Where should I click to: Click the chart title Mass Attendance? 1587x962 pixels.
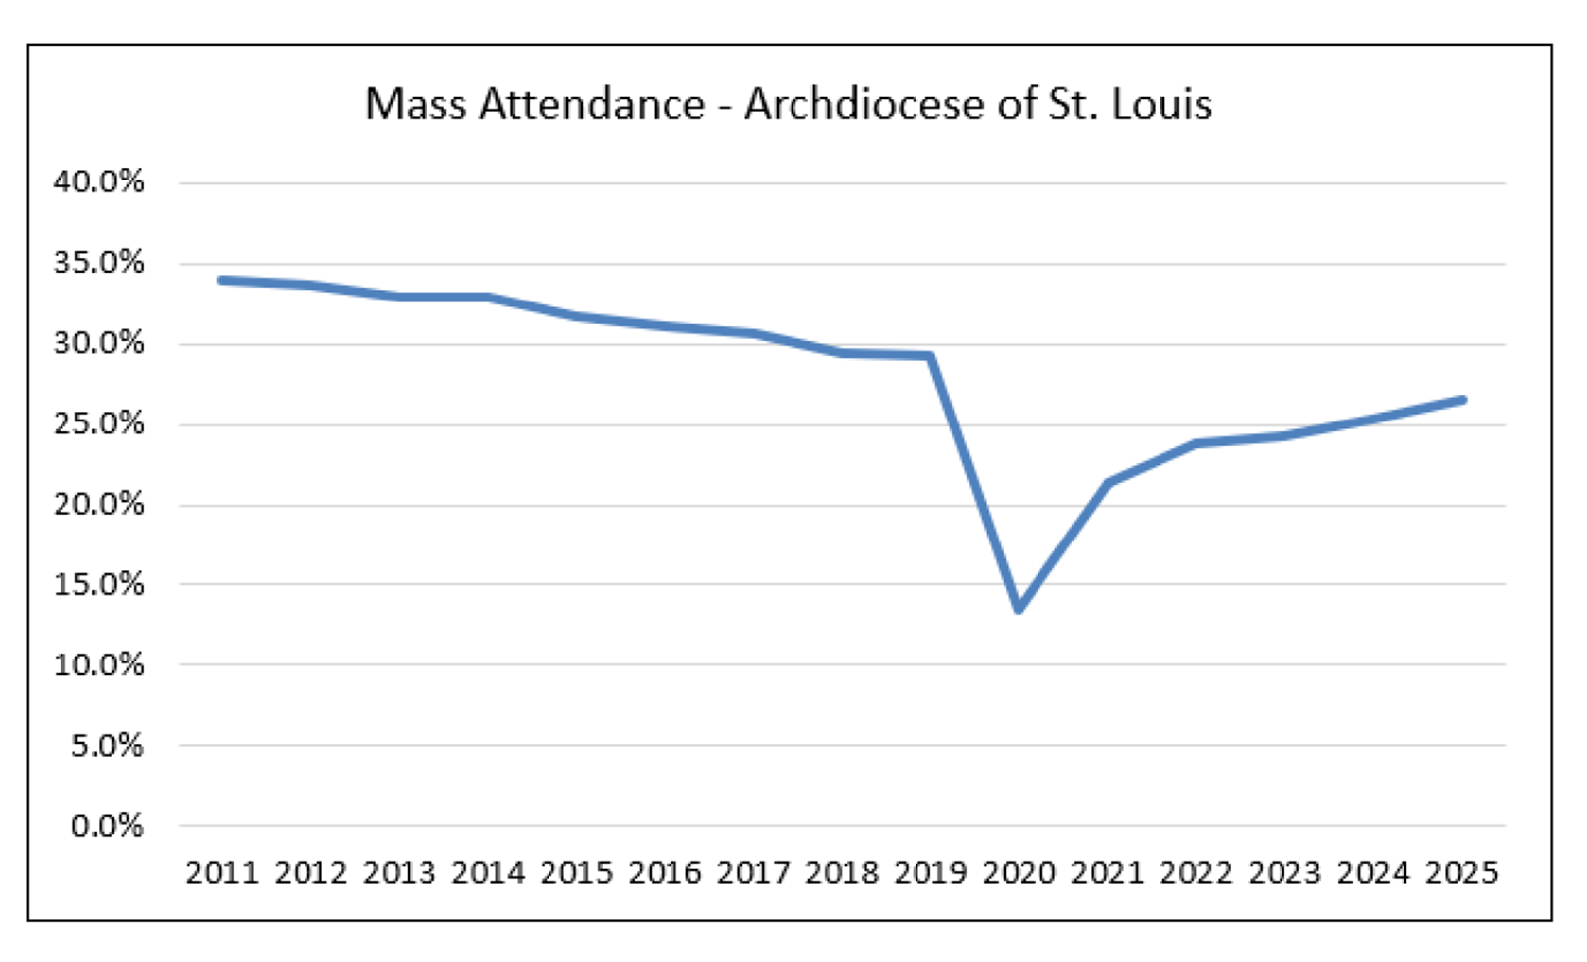[535, 104]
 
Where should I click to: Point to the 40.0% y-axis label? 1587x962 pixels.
[98, 181]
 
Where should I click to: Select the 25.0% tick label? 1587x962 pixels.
[98, 423]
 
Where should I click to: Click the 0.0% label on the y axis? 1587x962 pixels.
[107, 825]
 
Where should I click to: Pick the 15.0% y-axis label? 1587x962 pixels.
[98, 584]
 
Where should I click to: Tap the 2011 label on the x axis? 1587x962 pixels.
[222, 873]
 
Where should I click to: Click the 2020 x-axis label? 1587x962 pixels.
[1019, 873]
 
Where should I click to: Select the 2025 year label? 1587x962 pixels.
[1461, 873]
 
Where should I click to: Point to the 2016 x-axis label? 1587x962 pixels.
[665, 873]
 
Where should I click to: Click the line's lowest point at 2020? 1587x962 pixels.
[1019, 608]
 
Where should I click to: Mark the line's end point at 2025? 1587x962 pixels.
[1462, 400]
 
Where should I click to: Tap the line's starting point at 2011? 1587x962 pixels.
[222, 280]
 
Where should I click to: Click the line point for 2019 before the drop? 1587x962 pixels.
[930, 355]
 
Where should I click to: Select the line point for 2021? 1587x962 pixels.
[1108, 482]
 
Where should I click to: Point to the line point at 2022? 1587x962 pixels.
[1196, 443]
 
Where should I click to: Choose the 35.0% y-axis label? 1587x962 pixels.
[98, 263]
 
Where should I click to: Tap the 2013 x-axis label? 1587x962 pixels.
[399, 873]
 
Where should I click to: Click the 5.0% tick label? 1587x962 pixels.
[107, 745]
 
